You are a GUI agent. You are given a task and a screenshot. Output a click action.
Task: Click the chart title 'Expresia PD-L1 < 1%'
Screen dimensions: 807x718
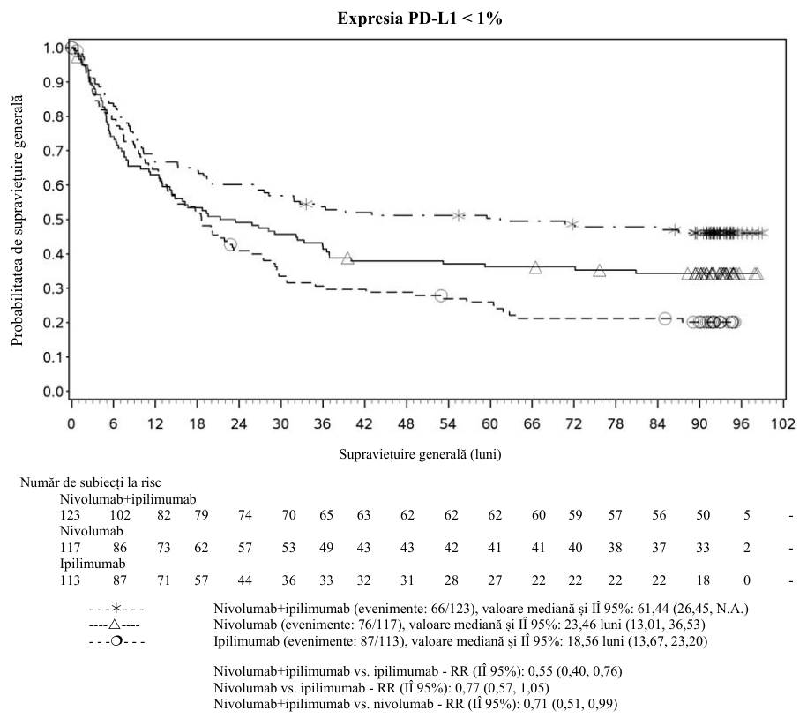tap(420, 19)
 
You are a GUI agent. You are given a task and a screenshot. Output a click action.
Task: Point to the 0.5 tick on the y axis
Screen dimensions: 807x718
tap(53, 220)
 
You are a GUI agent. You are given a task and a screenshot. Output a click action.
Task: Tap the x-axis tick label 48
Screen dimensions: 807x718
tap(406, 423)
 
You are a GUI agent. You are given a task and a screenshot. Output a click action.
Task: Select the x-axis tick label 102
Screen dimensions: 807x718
tap(783, 423)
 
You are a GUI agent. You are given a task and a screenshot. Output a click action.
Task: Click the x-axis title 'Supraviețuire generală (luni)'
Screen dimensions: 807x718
tap(420, 454)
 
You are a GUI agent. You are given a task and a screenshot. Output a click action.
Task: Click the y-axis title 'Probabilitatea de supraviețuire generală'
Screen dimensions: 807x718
tap(18, 220)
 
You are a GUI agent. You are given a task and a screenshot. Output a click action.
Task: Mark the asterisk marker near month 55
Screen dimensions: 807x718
tap(458, 215)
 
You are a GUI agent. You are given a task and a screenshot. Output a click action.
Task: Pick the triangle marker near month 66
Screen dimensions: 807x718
tap(535, 267)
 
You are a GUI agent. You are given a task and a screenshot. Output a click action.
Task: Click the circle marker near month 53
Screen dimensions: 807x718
tap(441, 295)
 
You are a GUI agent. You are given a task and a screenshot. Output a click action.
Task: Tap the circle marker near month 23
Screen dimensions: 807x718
tap(230, 244)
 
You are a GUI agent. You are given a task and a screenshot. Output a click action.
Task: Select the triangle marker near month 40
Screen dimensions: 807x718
tap(347, 258)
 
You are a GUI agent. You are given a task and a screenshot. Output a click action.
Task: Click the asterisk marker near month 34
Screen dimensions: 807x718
tap(306, 205)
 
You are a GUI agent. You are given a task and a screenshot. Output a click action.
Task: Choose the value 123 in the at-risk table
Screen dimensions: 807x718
tap(70, 515)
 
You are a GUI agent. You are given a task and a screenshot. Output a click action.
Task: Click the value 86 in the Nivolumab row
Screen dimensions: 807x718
tap(120, 548)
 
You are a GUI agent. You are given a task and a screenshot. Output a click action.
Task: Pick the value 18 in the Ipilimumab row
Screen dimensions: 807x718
tap(703, 580)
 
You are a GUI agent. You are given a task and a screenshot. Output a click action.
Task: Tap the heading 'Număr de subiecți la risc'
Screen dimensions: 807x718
tap(91, 482)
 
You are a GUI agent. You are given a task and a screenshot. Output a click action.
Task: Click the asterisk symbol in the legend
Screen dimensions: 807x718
tap(116, 609)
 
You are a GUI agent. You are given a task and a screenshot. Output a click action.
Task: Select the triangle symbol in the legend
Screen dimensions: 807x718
tap(115, 625)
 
